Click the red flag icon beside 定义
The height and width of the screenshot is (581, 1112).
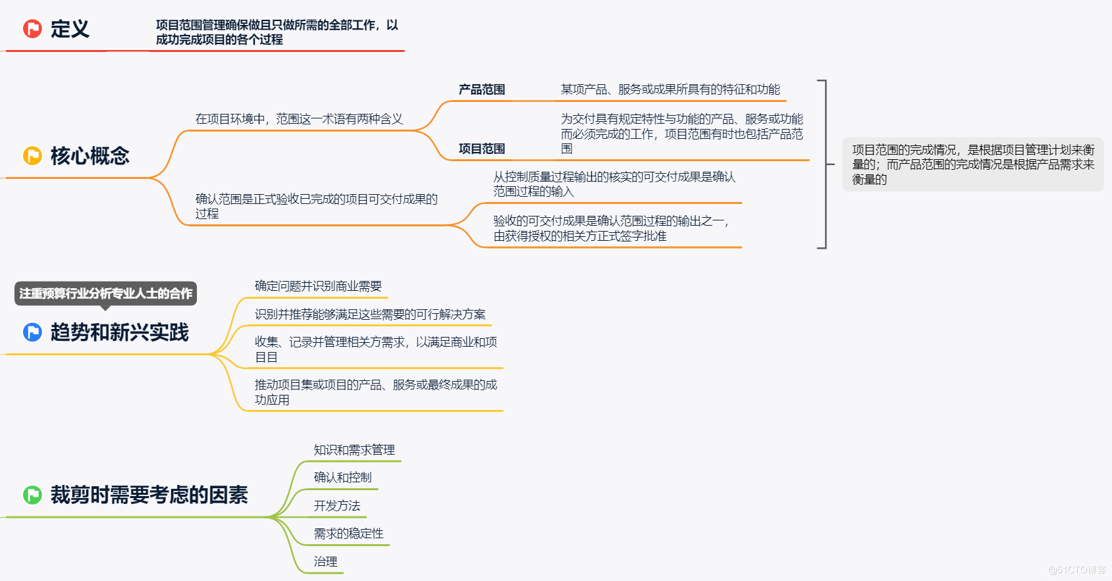coord(32,29)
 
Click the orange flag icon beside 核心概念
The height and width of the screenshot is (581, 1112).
coord(32,156)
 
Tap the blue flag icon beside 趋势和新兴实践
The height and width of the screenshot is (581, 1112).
coord(32,332)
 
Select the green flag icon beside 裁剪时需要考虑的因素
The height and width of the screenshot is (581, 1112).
coord(32,495)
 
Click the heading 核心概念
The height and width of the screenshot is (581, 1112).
coord(90,156)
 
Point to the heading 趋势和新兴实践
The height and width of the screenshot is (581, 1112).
coord(119,332)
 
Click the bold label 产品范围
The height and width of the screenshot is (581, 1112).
coord(481,89)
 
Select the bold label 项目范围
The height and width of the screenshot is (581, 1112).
coord(481,149)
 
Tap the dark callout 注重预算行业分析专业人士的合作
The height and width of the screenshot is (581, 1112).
coord(105,293)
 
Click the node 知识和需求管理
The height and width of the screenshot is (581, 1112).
coord(354,450)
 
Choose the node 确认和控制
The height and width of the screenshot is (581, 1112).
coord(342,478)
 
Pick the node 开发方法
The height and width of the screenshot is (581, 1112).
coord(336,506)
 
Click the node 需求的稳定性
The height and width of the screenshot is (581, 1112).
coord(348,534)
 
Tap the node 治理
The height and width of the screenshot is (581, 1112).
coord(325,562)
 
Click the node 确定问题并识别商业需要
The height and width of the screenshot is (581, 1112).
coord(318,286)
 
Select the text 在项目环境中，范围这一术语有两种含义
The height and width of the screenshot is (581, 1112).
coord(299,119)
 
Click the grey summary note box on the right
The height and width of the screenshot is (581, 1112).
coord(972,164)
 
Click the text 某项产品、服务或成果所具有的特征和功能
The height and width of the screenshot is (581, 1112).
coord(670,89)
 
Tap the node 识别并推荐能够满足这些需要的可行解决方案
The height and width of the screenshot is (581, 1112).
coord(370,315)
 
